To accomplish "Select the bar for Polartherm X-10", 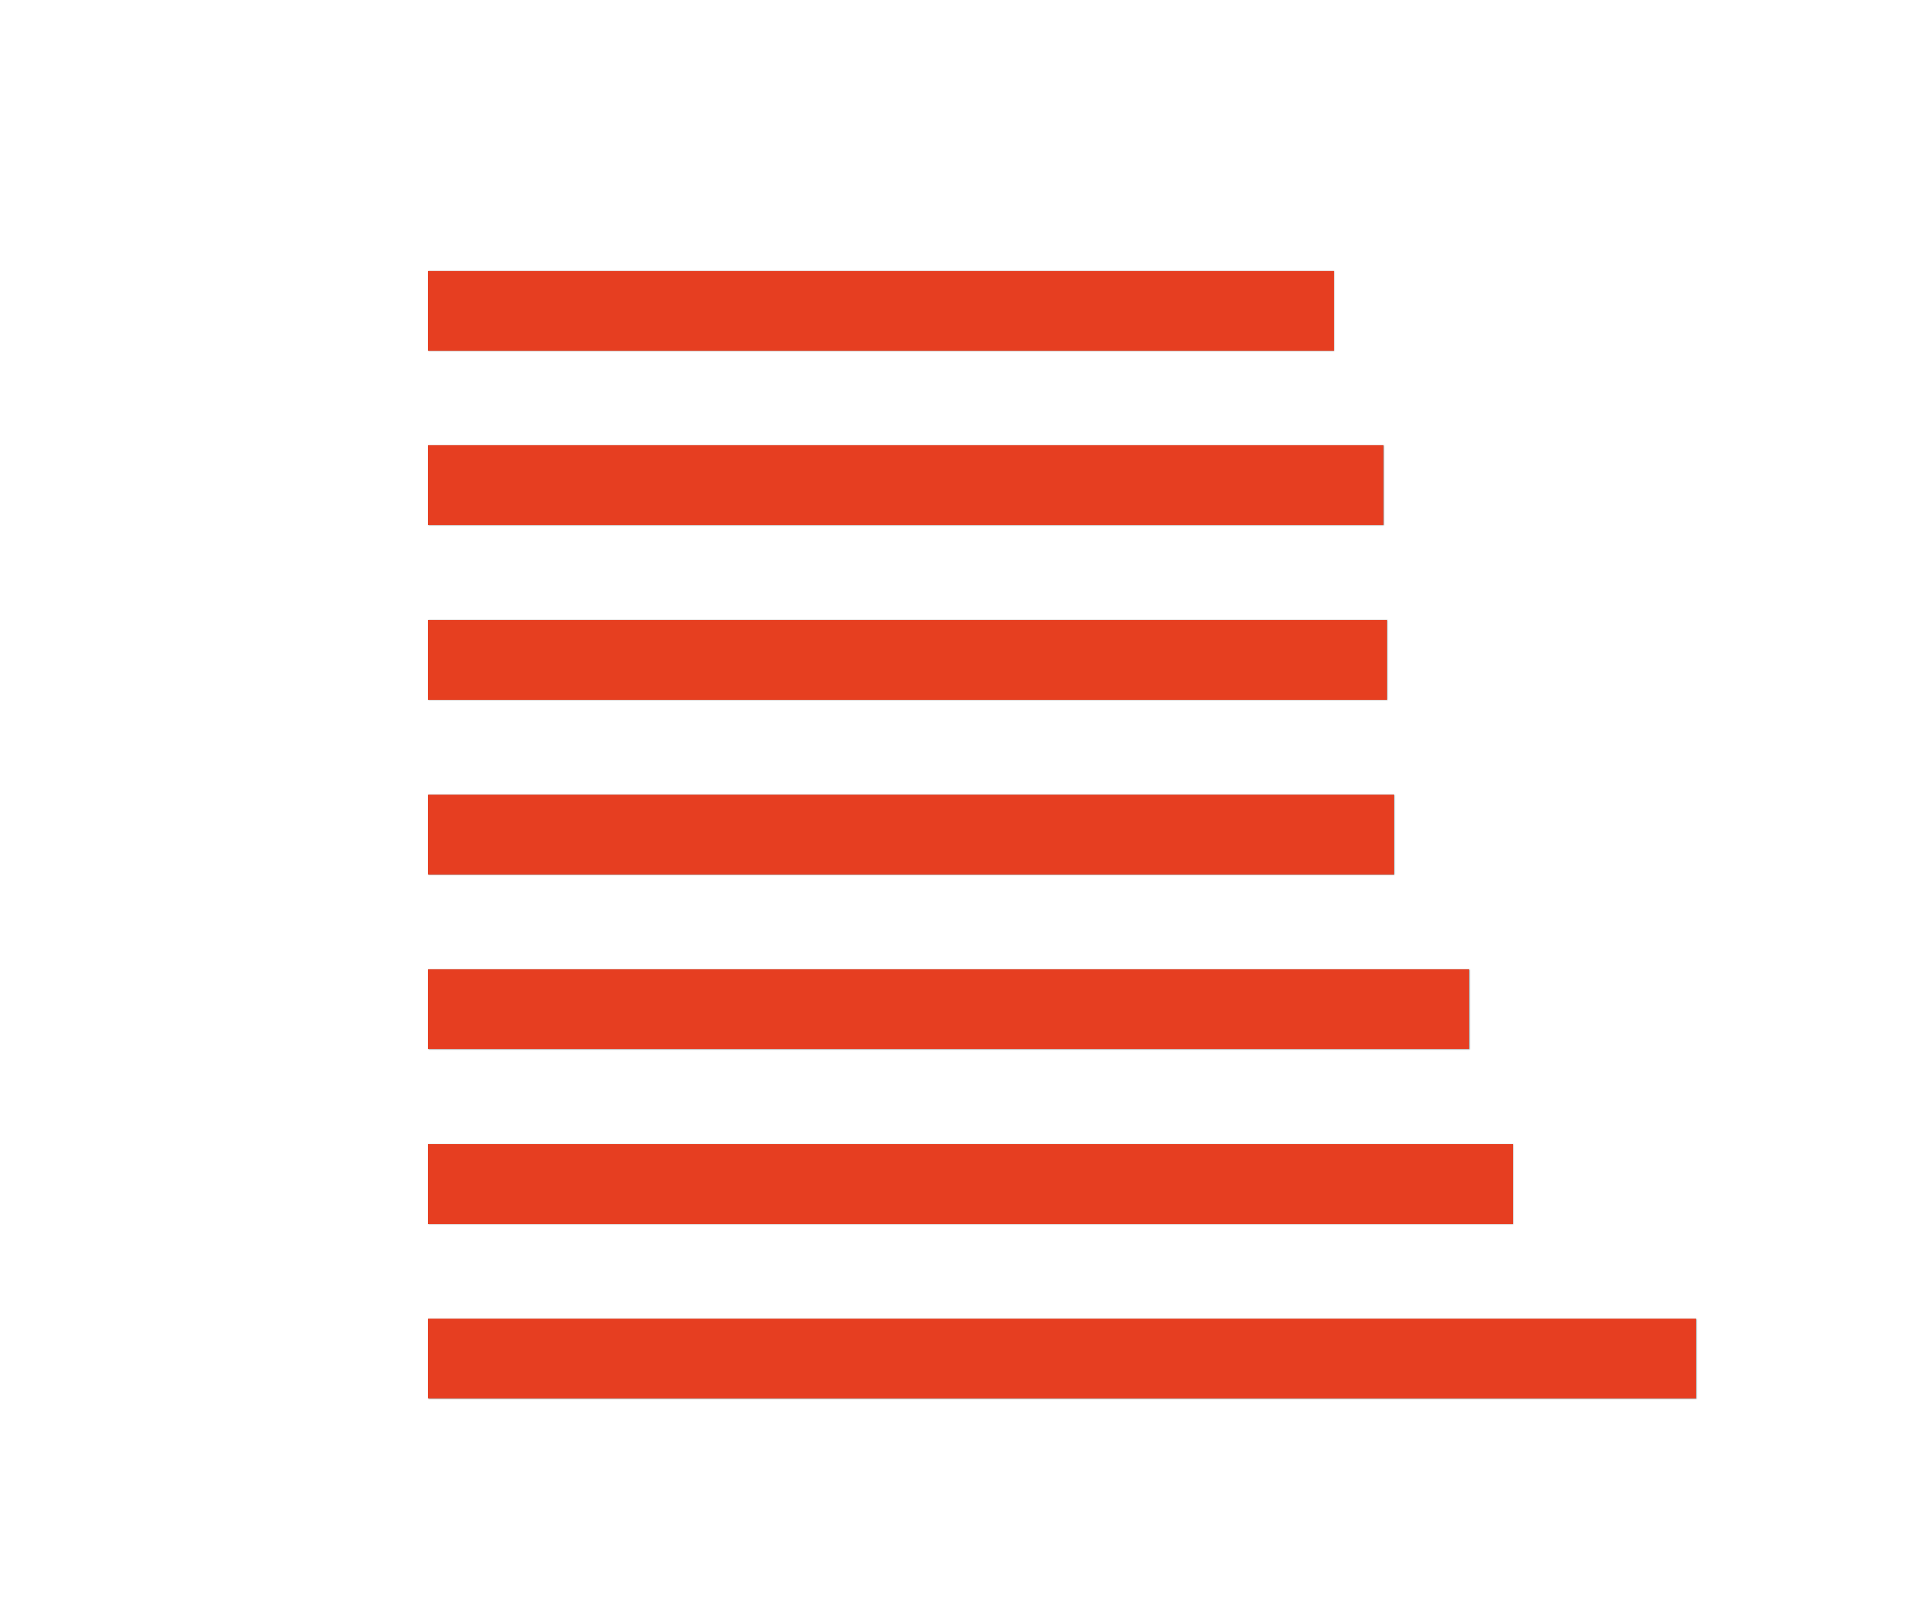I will tap(905, 486).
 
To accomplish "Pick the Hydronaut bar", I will tap(948, 1009).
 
